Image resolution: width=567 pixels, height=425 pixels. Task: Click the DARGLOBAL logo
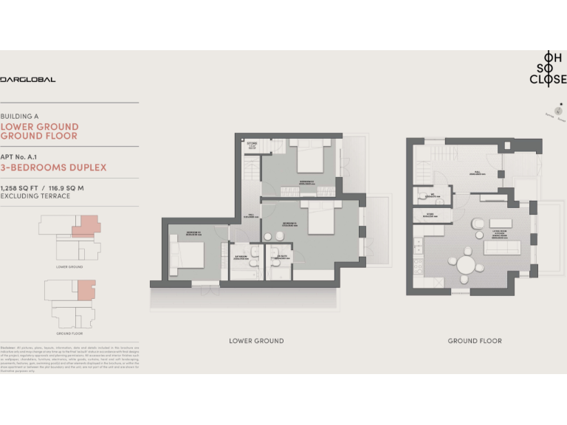click(x=28, y=79)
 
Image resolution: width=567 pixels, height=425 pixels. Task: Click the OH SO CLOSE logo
click(x=548, y=68)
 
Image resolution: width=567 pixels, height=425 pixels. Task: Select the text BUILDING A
click(x=19, y=117)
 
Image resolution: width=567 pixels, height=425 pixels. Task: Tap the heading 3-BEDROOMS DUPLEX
click(x=53, y=167)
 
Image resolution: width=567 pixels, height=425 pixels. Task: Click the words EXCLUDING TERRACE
click(x=35, y=196)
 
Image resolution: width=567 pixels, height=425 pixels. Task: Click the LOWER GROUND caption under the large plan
click(x=256, y=341)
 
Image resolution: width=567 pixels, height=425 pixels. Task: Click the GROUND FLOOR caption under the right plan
click(x=475, y=341)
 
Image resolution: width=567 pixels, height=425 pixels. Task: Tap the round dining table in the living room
click(x=466, y=264)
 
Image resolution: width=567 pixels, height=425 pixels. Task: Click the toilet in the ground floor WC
click(x=422, y=196)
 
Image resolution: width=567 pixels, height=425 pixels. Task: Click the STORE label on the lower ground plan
click(x=252, y=144)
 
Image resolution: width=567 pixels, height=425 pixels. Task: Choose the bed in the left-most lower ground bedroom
click(x=188, y=255)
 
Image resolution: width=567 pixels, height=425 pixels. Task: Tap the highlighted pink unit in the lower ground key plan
click(x=86, y=224)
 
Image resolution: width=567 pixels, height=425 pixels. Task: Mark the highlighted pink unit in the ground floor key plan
click(x=86, y=289)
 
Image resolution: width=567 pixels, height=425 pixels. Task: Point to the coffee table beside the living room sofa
click(x=501, y=223)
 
